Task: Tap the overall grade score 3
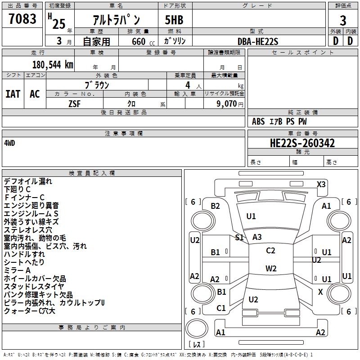(343, 20)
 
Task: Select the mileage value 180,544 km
(53, 64)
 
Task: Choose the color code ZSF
(75, 103)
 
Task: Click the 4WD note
(9, 143)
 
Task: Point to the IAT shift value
(13, 94)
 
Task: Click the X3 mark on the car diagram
(321, 184)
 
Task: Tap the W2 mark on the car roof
(271, 269)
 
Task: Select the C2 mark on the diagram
(270, 251)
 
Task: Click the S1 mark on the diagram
(239, 237)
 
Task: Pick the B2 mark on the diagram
(216, 206)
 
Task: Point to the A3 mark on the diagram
(257, 237)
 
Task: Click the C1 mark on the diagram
(221, 308)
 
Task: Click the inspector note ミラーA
(17, 270)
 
